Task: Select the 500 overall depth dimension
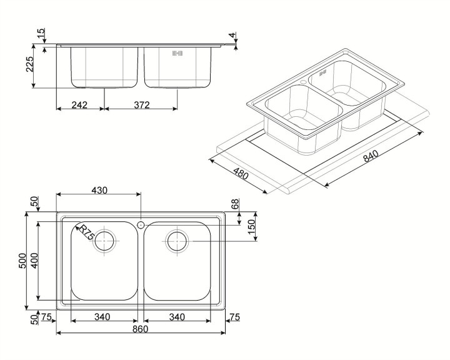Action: point(22,261)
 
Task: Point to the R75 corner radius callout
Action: point(84,234)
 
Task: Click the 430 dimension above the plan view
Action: point(99,190)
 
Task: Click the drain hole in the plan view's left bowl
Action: point(105,240)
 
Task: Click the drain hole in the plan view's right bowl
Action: point(177,240)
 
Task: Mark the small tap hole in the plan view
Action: point(141,224)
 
